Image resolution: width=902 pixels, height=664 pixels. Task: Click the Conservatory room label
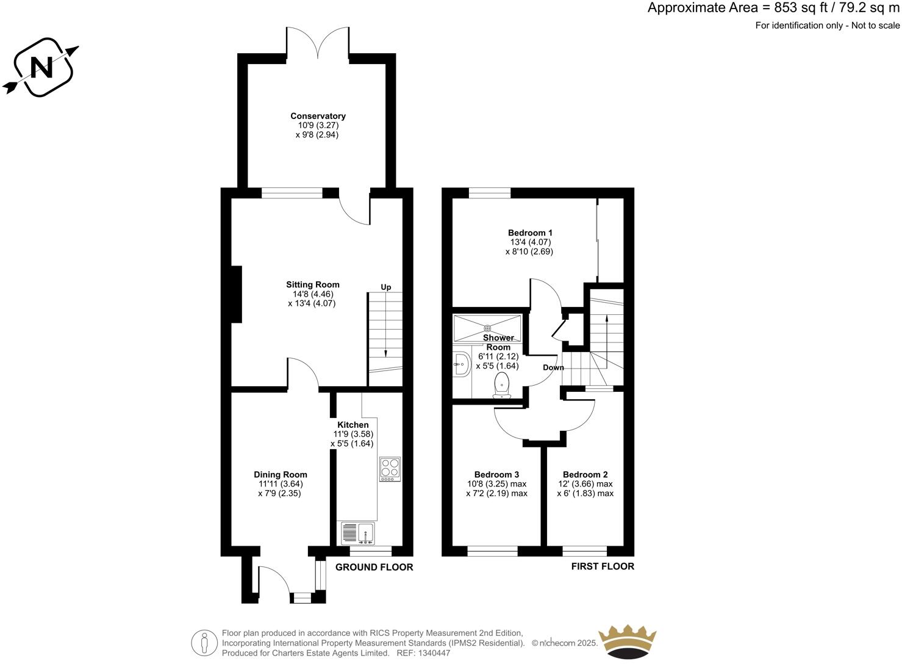(318, 116)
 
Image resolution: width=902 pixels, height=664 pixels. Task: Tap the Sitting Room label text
(313, 284)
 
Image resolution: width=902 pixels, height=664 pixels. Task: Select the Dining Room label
(281, 474)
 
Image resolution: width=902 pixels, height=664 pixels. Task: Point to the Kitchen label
(353, 425)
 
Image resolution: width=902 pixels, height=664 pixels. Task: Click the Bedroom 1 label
(530, 233)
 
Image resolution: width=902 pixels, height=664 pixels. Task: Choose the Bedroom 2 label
(585, 474)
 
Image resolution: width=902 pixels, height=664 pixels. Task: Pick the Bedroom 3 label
(496, 474)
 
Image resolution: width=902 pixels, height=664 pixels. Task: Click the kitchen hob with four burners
(390, 469)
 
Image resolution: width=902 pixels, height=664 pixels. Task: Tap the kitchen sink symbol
(358, 533)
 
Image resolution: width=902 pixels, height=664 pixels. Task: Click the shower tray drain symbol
(487, 328)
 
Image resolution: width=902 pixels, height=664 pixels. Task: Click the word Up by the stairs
(386, 287)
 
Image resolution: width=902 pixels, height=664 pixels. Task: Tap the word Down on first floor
(553, 367)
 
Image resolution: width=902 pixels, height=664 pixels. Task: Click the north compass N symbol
(41, 67)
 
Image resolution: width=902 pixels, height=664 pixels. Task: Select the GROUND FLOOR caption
(374, 567)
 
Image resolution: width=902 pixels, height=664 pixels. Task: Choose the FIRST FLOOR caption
(602, 566)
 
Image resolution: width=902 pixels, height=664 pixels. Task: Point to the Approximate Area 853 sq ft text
(773, 9)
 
